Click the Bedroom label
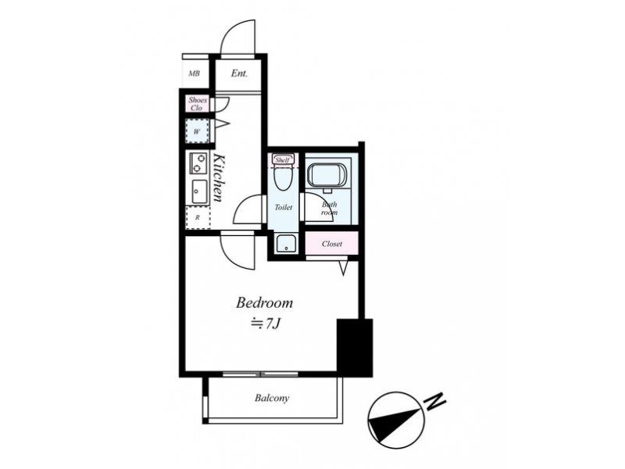(264, 303)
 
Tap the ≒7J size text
(266, 324)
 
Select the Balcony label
(272, 398)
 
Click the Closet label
(332, 244)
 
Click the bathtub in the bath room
(327, 174)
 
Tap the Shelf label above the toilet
(283, 160)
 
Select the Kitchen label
(219, 177)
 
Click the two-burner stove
(198, 163)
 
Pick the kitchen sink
(199, 192)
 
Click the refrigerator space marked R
(198, 218)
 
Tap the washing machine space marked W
(197, 131)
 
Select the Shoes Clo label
(198, 104)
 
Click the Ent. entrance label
(239, 73)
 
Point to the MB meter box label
(194, 73)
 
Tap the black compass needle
(395, 421)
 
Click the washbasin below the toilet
(285, 243)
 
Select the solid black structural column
(355, 347)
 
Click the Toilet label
(284, 207)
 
